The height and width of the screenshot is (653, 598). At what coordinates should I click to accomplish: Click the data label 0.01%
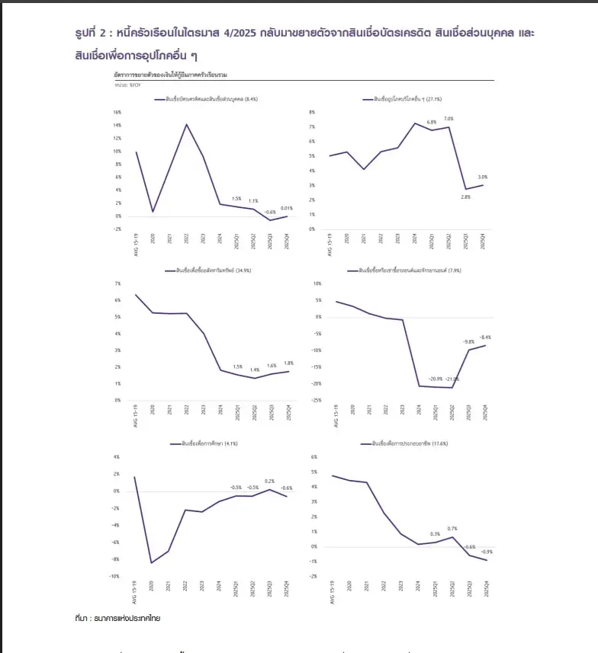pyautogui.click(x=287, y=207)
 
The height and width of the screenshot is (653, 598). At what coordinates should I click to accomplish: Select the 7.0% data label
pyautogui.click(x=448, y=119)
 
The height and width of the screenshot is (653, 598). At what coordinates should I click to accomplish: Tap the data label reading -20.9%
pyautogui.click(x=436, y=379)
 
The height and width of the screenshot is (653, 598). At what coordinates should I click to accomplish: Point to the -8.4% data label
pyautogui.click(x=485, y=337)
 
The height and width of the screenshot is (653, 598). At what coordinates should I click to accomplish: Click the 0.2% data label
pyautogui.click(x=269, y=481)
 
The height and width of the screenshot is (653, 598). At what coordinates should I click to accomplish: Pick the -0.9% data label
pyautogui.click(x=487, y=552)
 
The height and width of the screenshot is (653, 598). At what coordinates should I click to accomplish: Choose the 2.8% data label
pyautogui.click(x=465, y=197)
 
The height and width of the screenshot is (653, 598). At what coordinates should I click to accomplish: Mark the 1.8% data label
pyautogui.click(x=288, y=363)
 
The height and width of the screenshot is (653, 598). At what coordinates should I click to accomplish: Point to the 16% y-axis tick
pyautogui.click(x=117, y=112)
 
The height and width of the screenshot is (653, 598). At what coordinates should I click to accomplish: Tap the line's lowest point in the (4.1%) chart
pyautogui.click(x=153, y=562)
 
